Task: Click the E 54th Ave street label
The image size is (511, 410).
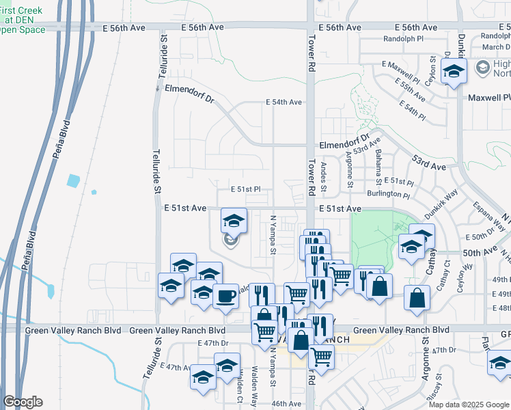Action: click(x=284, y=102)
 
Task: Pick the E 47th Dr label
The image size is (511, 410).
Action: click(x=212, y=342)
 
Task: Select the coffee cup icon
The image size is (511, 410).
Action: click(x=225, y=296)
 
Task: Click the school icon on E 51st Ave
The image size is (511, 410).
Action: click(x=234, y=221)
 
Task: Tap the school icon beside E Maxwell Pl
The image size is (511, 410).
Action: click(x=453, y=70)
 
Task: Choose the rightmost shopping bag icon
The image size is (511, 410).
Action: click(x=417, y=298)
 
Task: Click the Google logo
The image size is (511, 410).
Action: click(x=23, y=402)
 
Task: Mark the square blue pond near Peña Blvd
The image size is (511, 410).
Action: click(x=74, y=181)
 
